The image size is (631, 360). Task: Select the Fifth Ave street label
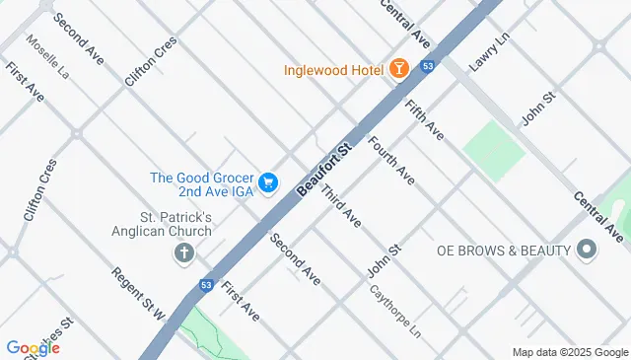[424, 117]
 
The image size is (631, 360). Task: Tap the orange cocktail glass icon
[398, 68]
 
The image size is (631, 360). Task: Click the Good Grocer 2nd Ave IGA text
[202, 184]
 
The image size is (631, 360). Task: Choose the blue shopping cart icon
[268, 183]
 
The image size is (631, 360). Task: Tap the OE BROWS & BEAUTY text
[504, 251]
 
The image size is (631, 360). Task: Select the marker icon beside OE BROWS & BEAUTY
[588, 250]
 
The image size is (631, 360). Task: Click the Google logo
[33, 347]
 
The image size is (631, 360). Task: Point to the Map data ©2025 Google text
[570, 352]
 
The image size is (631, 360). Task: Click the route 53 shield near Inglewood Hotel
[426, 66]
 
